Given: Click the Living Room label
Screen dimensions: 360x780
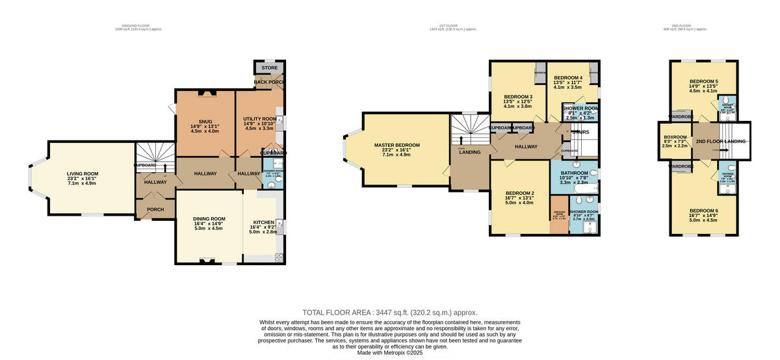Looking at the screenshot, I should [82, 174].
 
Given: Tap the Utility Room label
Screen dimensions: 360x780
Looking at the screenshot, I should [259, 120].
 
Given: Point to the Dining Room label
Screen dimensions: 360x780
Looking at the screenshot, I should [209, 219].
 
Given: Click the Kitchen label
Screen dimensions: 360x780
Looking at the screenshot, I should [263, 222].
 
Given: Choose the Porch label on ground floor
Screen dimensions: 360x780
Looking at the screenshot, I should [155, 209].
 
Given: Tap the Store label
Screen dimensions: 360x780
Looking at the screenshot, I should [269, 68].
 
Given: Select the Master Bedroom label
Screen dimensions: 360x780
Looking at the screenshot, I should [396, 145].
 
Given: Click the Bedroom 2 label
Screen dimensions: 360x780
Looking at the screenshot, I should [519, 194].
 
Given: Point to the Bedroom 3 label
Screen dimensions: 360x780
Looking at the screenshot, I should [517, 97].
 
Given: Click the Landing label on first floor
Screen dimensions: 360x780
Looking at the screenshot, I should [469, 152].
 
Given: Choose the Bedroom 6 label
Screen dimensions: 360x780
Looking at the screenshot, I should [703, 211].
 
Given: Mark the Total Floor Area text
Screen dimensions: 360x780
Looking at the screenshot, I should [390, 313].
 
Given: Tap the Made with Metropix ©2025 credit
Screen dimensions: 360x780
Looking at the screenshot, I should [390, 353].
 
